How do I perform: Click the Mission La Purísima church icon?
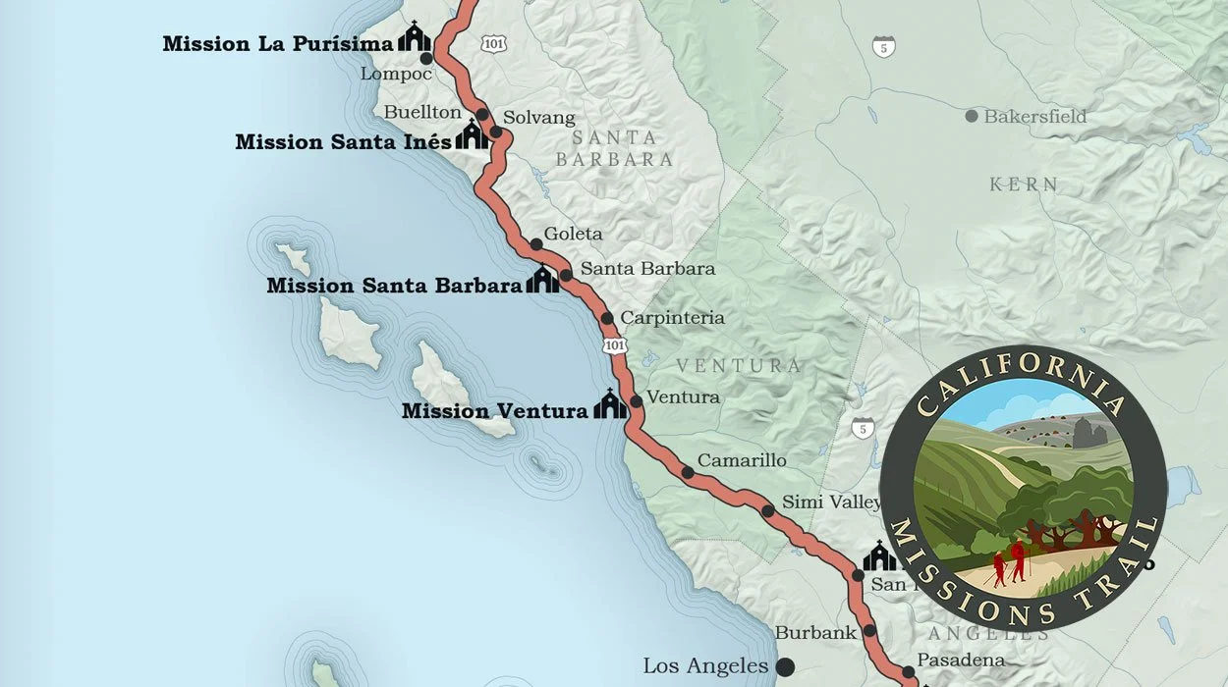(x=415, y=38)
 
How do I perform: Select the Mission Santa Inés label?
(x=343, y=142)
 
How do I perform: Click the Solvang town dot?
(x=496, y=132)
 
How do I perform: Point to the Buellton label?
(x=422, y=112)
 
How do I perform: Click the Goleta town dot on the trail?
(x=536, y=244)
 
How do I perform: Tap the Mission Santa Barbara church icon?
(x=542, y=281)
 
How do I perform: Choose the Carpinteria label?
(x=672, y=318)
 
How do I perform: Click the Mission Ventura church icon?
(x=610, y=404)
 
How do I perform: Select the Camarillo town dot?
(x=688, y=472)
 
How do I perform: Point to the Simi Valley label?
(x=831, y=502)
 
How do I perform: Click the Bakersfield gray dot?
(x=972, y=116)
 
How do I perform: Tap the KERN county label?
(x=1024, y=185)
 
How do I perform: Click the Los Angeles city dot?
(x=785, y=667)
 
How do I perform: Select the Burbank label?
(x=815, y=633)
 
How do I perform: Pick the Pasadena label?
(x=961, y=661)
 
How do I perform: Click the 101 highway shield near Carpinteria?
(x=614, y=345)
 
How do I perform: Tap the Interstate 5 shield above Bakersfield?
(x=884, y=46)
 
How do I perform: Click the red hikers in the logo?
(x=1009, y=564)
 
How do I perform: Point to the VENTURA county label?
(x=739, y=366)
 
